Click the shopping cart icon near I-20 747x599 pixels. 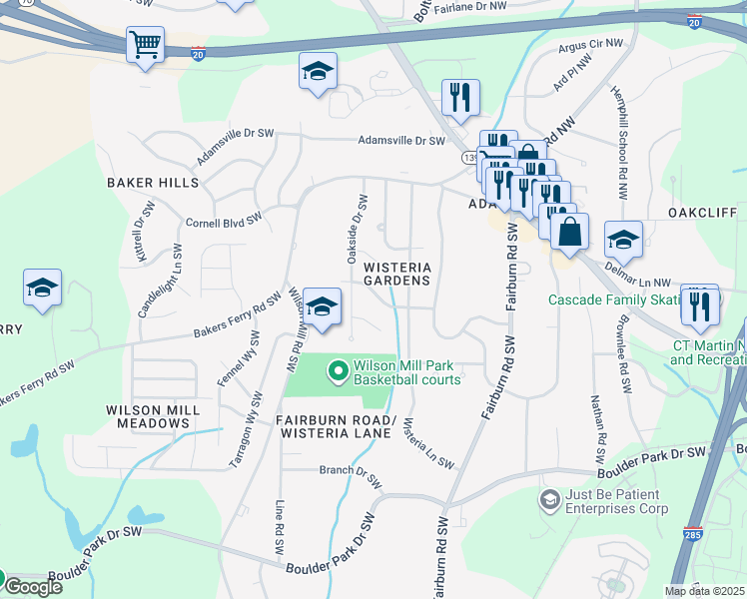coord(145,44)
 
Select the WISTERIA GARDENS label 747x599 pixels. coord(397,274)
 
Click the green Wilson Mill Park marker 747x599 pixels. coord(338,372)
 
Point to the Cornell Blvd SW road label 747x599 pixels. coord(225,219)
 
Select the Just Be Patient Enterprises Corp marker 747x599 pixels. coord(548,498)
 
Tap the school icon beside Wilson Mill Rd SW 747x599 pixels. coord(322,305)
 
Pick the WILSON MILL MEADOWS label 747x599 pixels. coord(148,416)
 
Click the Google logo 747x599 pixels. coord(32,586)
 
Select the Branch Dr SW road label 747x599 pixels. coord(351,474)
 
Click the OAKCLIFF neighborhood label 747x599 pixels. coord(703,213)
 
